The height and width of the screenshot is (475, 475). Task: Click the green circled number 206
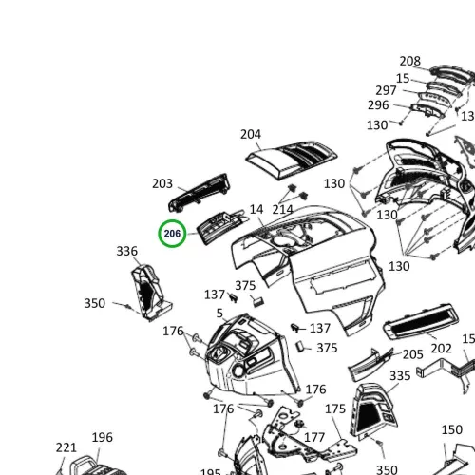pos(172,234)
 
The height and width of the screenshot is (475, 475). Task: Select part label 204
pos(251,134)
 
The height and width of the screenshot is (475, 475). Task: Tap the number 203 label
pos(162,183)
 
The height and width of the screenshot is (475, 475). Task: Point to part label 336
pos(126,251)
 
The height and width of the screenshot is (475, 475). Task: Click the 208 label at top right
pos(409,61)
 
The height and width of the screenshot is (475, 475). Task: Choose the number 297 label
pos(386,90)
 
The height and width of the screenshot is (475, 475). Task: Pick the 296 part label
pos(378,105)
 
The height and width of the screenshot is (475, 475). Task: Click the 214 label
pos(282,210)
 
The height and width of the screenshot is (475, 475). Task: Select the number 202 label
pos(441,349)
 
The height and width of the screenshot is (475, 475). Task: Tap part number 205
pos(412,354)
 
